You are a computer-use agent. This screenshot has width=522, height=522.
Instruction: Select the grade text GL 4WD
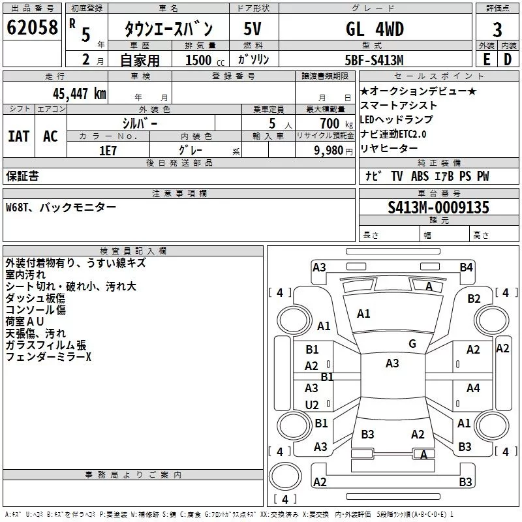[375, 29]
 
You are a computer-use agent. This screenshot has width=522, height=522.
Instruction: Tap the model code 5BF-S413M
[374, 59]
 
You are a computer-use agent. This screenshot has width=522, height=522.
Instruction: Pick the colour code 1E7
[108, 149]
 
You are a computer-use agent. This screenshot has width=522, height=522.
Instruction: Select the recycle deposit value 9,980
[329, 150]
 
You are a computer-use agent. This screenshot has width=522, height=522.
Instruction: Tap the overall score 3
[497, 30]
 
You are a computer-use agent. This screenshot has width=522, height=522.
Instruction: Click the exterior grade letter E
[485, 59]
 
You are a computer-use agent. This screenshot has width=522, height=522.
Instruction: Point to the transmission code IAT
[18, 136]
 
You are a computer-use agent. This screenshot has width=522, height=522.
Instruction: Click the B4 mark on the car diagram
[466, 267]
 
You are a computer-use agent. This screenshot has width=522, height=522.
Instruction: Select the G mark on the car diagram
[412, 344]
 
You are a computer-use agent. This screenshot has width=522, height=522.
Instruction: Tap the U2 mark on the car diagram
[312, 405]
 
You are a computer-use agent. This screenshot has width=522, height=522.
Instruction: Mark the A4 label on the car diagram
[473, 388]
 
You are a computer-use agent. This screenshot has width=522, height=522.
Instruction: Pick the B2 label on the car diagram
[474, 299]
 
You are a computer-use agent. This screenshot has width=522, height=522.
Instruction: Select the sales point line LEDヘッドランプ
[396, 119]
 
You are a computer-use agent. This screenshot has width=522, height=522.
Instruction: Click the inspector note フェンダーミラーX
[49, 357]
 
